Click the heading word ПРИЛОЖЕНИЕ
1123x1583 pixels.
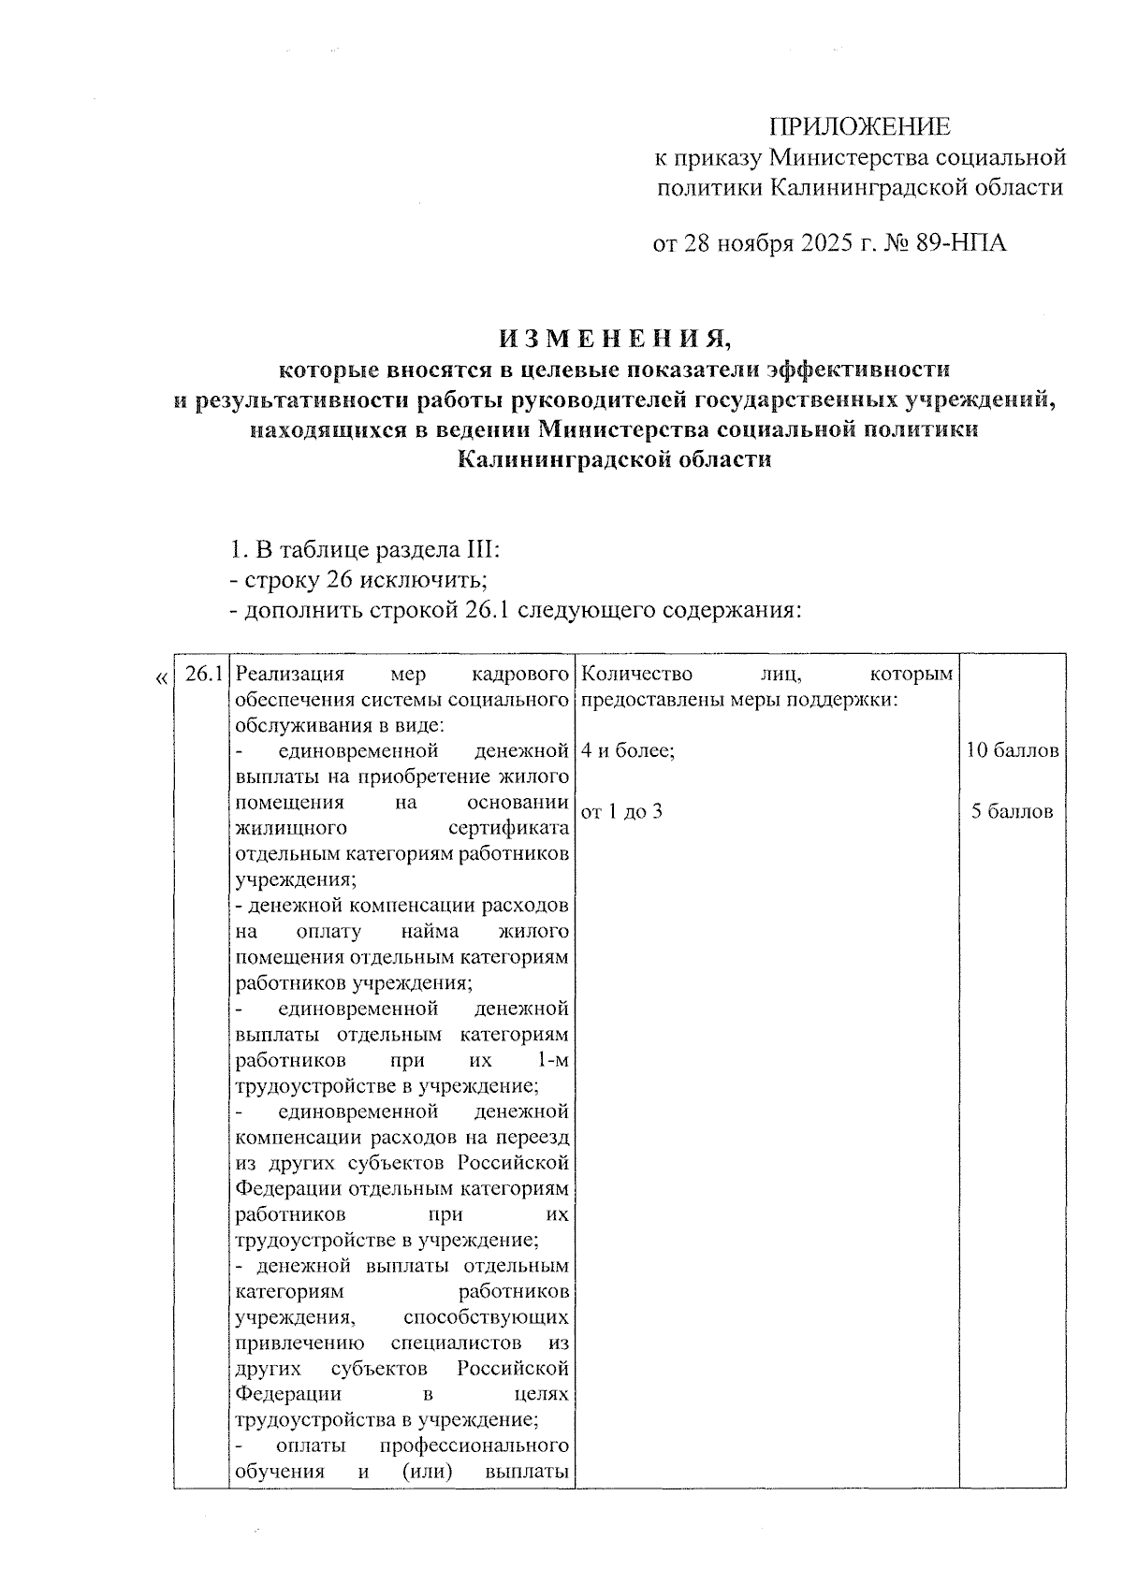859,127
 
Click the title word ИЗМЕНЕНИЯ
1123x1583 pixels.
613,338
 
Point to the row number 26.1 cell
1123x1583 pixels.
202,675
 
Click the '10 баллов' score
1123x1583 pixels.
1014,751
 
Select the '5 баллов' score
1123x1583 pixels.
1012,812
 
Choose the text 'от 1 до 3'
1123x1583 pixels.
621,812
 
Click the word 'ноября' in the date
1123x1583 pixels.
754,244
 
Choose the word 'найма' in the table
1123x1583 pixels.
428,933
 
